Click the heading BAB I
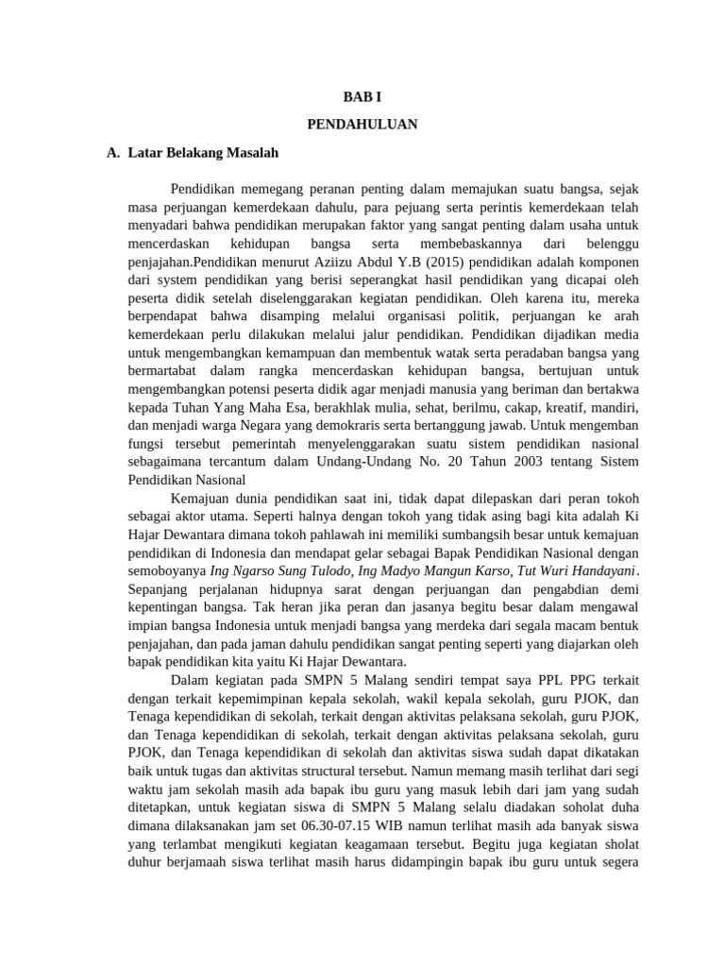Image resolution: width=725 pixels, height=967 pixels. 362,97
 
